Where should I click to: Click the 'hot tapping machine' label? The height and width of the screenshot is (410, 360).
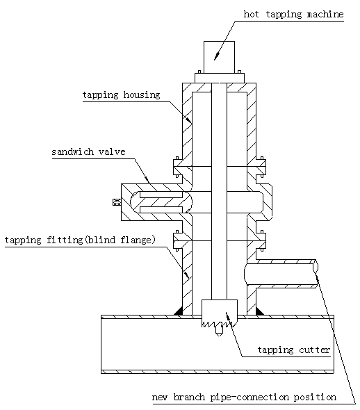tap(293, 14)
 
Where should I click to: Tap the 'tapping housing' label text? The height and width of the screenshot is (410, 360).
tap(122, 95)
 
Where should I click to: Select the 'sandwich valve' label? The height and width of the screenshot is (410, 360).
tap(88, 151)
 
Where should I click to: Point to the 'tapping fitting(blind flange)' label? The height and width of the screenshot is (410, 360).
tap(80, 240)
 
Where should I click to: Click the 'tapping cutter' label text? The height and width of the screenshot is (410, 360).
tap(294, 350)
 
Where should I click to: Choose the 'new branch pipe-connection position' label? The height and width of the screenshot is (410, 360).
tap(244, 397)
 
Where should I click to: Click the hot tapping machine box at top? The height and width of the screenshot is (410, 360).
tap(219, 57)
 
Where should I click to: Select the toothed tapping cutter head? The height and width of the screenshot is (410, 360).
tap(220, 313)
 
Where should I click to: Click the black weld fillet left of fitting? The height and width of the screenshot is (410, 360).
tap(179, 312)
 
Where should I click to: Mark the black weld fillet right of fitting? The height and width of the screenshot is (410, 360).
tap(259, 312)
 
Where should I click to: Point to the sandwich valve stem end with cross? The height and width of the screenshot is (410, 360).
tap(117, 202)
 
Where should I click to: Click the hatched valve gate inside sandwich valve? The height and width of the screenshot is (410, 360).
tap(161, 202)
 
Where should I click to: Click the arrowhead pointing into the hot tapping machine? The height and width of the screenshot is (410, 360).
tap(216, 56)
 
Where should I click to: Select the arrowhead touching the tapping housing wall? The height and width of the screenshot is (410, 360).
tap(188, 120)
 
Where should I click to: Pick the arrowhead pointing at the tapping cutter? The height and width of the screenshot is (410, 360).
tap(228, 315)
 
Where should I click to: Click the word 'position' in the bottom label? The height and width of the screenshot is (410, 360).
tap(315, 397)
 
